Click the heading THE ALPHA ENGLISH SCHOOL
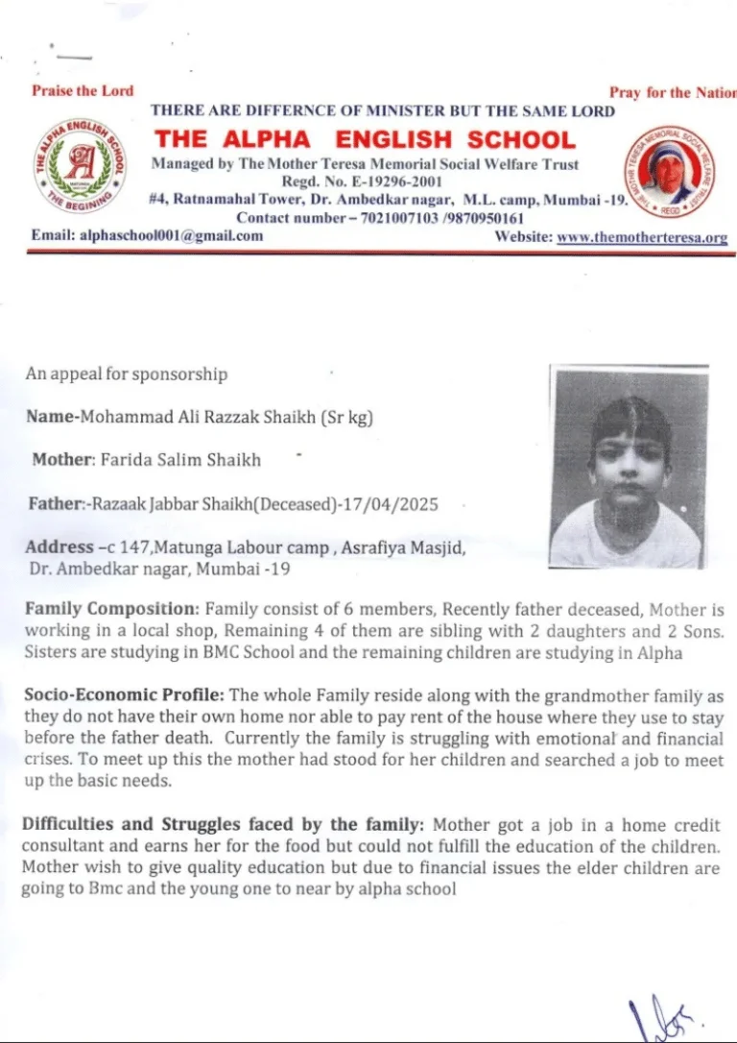(x=366, y=138)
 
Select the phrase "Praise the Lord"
(x=83, y=91)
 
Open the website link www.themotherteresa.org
(x=642, y=237)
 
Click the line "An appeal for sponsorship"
(x=127, y=375)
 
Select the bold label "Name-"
(x=53, y=417)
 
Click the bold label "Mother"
(x=60, y=460)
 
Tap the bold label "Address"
(x=59, y=547)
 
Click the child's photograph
(x=630, y=467)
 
